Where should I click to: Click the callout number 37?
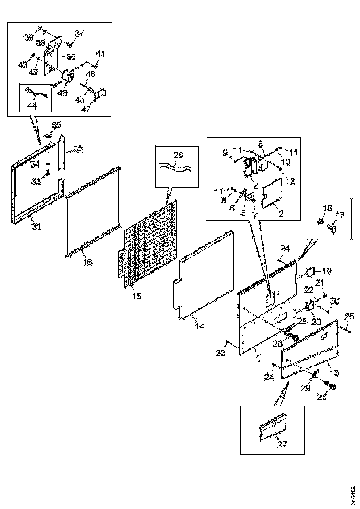click(x=80, y=33)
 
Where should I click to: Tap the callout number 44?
click(x=32, y=106)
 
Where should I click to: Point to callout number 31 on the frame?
click(x=36, y=227)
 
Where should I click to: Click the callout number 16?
click(x=87, y=262)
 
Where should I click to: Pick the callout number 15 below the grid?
click(x=137, y=296)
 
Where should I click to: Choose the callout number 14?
click(x=199, y=327)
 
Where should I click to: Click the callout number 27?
click(x=282, y=445)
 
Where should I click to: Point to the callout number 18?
click(x=328, y=209)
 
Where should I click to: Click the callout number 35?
click(x=56, y=124)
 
